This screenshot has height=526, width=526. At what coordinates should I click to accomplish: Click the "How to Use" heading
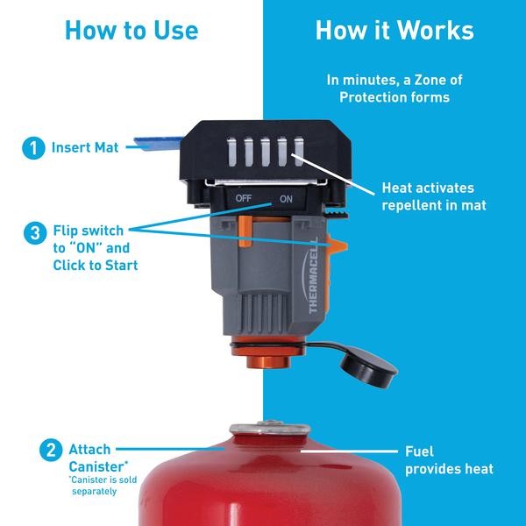tap(131, 31)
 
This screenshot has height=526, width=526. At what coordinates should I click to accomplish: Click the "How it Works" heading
tap(394, 31)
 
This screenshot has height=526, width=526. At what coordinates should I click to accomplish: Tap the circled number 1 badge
tap(33, 148)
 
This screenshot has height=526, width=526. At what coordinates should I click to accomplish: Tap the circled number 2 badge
tap(52, 452)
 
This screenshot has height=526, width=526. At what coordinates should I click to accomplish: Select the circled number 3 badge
tap(33, 233)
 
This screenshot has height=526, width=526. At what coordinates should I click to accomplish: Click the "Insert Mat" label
tap(85, 148)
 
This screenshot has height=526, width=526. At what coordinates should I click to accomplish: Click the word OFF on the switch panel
tap(244, 199)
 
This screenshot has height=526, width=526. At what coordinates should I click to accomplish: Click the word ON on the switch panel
tap(285, 199)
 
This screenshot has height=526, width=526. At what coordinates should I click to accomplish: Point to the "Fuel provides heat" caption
tap(449, 460)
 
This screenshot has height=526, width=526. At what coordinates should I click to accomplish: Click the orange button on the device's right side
tap(334, 252)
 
